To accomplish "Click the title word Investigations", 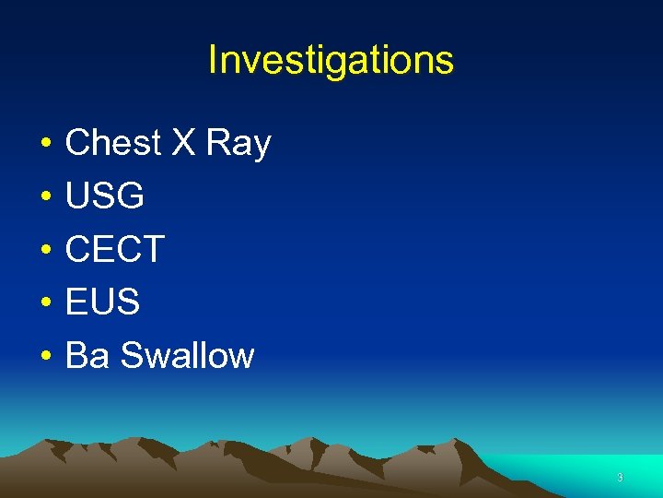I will pos(331,60).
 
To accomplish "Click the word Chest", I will pos(111,143).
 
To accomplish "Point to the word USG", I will pos(105,196).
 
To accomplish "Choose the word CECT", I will pos(115,249).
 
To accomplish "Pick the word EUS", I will pos(103,302).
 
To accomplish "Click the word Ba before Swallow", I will pos(87,355).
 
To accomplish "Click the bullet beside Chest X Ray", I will pos(44,145).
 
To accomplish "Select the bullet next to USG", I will pos(44,197).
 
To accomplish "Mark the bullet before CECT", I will pos(44,251).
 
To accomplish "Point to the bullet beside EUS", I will pos(44,303).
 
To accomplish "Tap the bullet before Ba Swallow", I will pos(44,357).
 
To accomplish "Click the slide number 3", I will pos(620,478).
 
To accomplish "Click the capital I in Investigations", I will pos(213,60).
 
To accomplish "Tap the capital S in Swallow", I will pos(132,355).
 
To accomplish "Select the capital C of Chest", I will pos(77,143).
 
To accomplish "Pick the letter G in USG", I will pos(131,196).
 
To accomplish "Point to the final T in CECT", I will pos(152,249).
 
